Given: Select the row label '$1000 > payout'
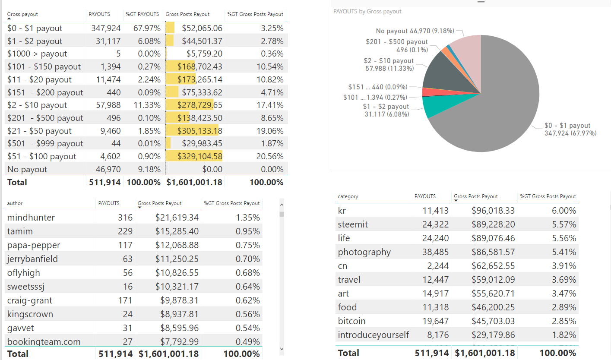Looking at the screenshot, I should (37, 54).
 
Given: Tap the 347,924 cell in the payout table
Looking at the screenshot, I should (106, 28).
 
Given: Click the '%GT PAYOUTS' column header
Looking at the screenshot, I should (142, 14).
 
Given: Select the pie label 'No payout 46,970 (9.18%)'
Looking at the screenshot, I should (415, 31).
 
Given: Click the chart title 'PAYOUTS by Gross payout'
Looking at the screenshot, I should (367, 12).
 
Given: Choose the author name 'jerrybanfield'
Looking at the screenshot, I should (32, 259).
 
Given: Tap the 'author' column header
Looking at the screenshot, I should (15, 203).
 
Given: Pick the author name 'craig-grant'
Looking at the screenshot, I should (30, 300).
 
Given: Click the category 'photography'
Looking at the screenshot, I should (364, 252).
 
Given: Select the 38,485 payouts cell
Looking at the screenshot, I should (435, 252).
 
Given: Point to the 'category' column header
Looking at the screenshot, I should (348, 196).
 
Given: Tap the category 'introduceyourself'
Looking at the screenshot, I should (373, 335).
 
